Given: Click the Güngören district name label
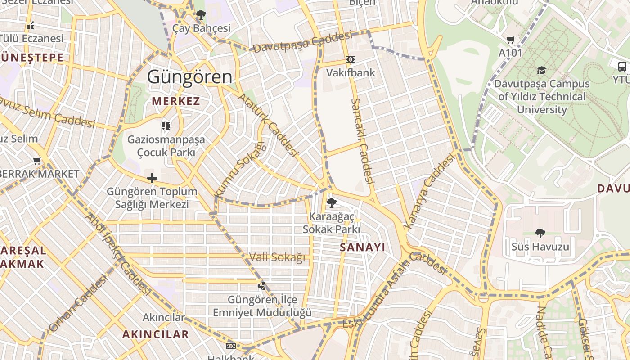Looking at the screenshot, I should (190, 77).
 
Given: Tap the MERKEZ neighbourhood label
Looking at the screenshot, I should (176, 101).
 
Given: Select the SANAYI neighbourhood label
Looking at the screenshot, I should (362, 247).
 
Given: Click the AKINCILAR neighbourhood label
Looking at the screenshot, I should (156, 334).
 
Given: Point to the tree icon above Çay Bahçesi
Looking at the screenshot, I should (201, 15).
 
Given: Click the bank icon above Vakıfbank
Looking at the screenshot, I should (351, 59).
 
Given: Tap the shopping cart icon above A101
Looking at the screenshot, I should (510, 40).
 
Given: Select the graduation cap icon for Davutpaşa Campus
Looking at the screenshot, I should (541, 71).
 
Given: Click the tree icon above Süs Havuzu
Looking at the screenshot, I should (540, 234).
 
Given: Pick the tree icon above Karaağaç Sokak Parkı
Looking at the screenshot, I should (331, 203).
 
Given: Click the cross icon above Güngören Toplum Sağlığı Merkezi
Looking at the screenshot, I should (152, 178).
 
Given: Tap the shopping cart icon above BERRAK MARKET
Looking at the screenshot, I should (37, 161).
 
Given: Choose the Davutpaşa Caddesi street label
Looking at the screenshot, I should (302, 42).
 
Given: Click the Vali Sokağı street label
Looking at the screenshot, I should (277, 257).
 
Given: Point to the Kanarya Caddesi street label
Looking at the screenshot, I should (430, 192).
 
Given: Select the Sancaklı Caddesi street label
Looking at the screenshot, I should (363, 141).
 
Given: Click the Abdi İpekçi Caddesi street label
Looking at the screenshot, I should (118, 254).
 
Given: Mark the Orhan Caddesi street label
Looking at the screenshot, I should (78, 304).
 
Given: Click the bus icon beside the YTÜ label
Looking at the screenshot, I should (622, 67).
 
